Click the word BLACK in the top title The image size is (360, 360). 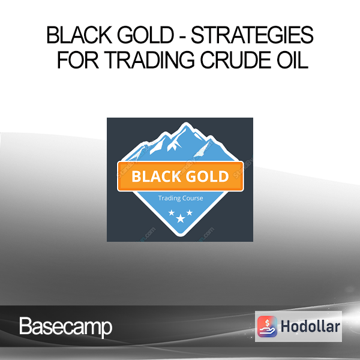click(x=79, y=35)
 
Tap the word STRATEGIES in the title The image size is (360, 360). click(x=252, y=35)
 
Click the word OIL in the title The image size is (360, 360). click(x=293, y=60)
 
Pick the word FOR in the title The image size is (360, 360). click(x=78, y=60)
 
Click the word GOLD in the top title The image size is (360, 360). click(x=146, y=35)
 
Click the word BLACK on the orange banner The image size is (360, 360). click(x=156, y=176)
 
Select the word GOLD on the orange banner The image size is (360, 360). click(x=208, y=176)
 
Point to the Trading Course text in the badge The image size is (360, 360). click(x=181, y=198)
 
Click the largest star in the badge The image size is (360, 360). click(x=181, y=218)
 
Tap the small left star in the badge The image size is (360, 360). click(x=172, y=212)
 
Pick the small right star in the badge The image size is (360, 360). click(x=190, y=212)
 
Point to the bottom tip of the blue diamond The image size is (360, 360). click(x=181, y=236)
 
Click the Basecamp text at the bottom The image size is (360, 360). click(x=65, y=327)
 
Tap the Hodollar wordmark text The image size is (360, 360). click(x=310, y=326)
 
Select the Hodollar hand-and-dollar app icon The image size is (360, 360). click(x=267, y=326)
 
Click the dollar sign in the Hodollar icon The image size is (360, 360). click(x=267, y=323)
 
